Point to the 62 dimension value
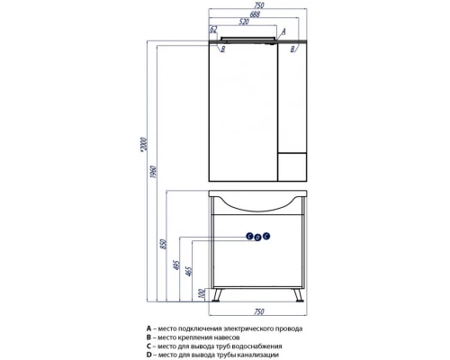(x=213, y=30)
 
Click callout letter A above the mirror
(x=283, y=31)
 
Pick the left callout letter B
(x=222, y=49)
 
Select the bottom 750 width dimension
(x=258, y=312)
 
